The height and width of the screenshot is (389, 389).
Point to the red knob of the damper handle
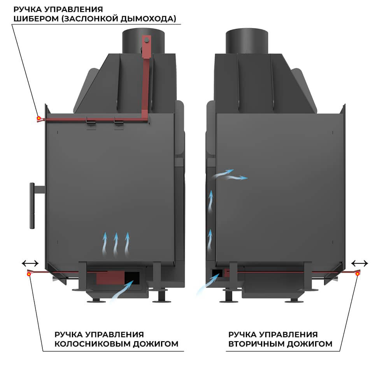point(39,118)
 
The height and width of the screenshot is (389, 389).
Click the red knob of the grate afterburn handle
point(29,274)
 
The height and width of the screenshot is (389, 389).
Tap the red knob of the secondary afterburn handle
point(357,274)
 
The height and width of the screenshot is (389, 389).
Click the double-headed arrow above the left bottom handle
point(30,263)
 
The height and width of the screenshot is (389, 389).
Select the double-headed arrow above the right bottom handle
point(359,263)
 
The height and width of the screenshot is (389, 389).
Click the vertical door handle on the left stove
point(32,205)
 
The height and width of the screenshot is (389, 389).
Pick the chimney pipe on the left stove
point(143,41)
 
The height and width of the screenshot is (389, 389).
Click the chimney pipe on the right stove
point(247,41)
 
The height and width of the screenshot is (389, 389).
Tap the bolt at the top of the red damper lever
point(147,40)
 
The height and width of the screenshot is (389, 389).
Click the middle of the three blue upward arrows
point(116,244)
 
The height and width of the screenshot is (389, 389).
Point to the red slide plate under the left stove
point(110,278)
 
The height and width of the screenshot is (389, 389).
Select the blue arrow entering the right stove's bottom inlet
point(208,284)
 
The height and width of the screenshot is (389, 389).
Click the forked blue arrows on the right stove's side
point(229,175)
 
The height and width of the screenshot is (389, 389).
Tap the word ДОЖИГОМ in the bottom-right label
point(310,344)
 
